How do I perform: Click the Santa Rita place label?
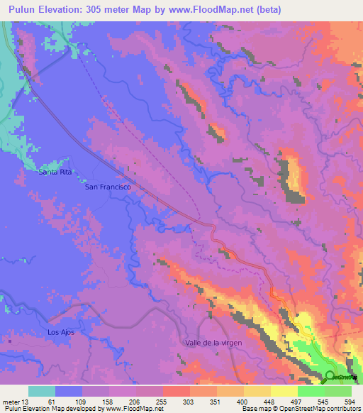click(x=56, y=172)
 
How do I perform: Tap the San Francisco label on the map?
click(x=107, y=187)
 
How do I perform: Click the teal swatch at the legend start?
click(x=41, y=391)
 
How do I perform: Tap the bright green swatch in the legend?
click(x=311, y=391)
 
